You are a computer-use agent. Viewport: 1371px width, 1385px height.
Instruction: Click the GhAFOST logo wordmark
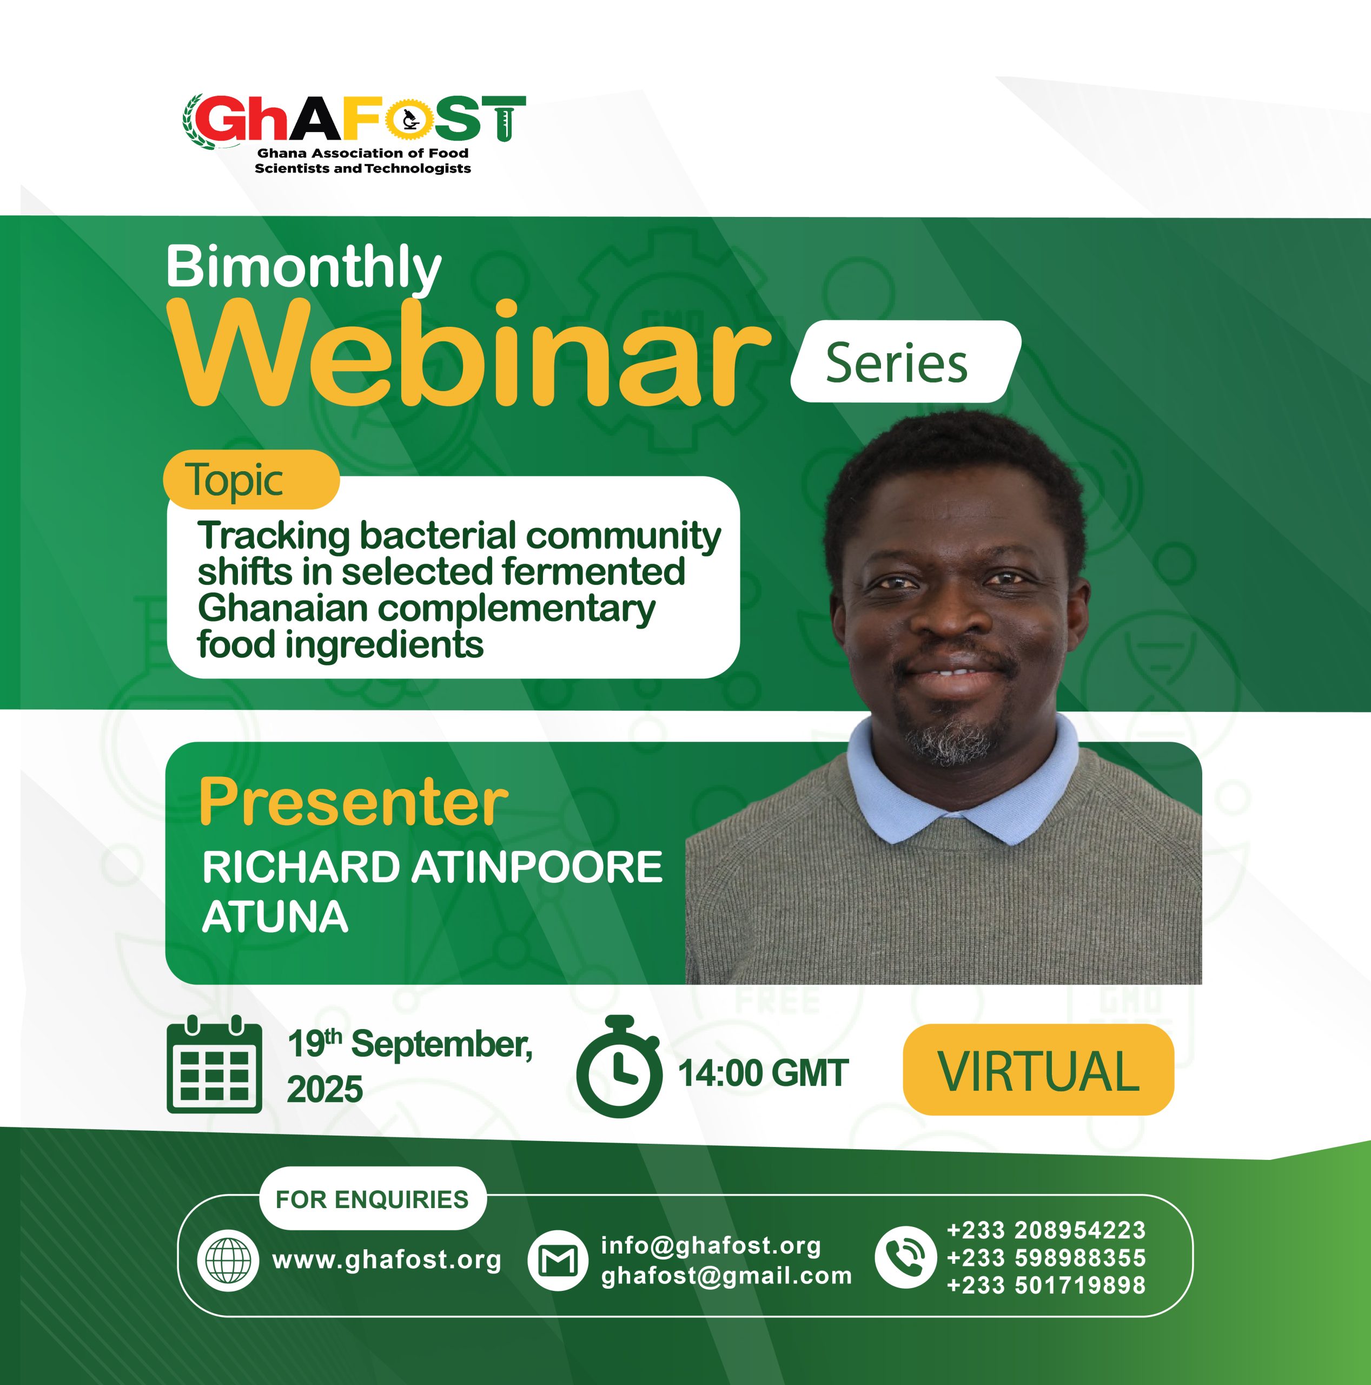tap(354, 119)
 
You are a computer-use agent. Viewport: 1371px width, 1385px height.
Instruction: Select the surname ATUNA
tap(275, 917)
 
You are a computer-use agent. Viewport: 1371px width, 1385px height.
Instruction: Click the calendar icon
tap(214, 1065)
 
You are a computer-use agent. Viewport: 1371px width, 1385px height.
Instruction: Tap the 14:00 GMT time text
tap(763, 1073)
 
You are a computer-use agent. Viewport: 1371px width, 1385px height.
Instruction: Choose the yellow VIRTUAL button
tap(1038, 1070)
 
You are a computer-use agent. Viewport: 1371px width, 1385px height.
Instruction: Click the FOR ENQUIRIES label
tap(372, 1199)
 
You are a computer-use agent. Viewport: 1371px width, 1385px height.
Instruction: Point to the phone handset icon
tap(906, 1257)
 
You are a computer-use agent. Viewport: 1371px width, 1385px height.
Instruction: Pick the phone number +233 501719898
tap(1047, 1285)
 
